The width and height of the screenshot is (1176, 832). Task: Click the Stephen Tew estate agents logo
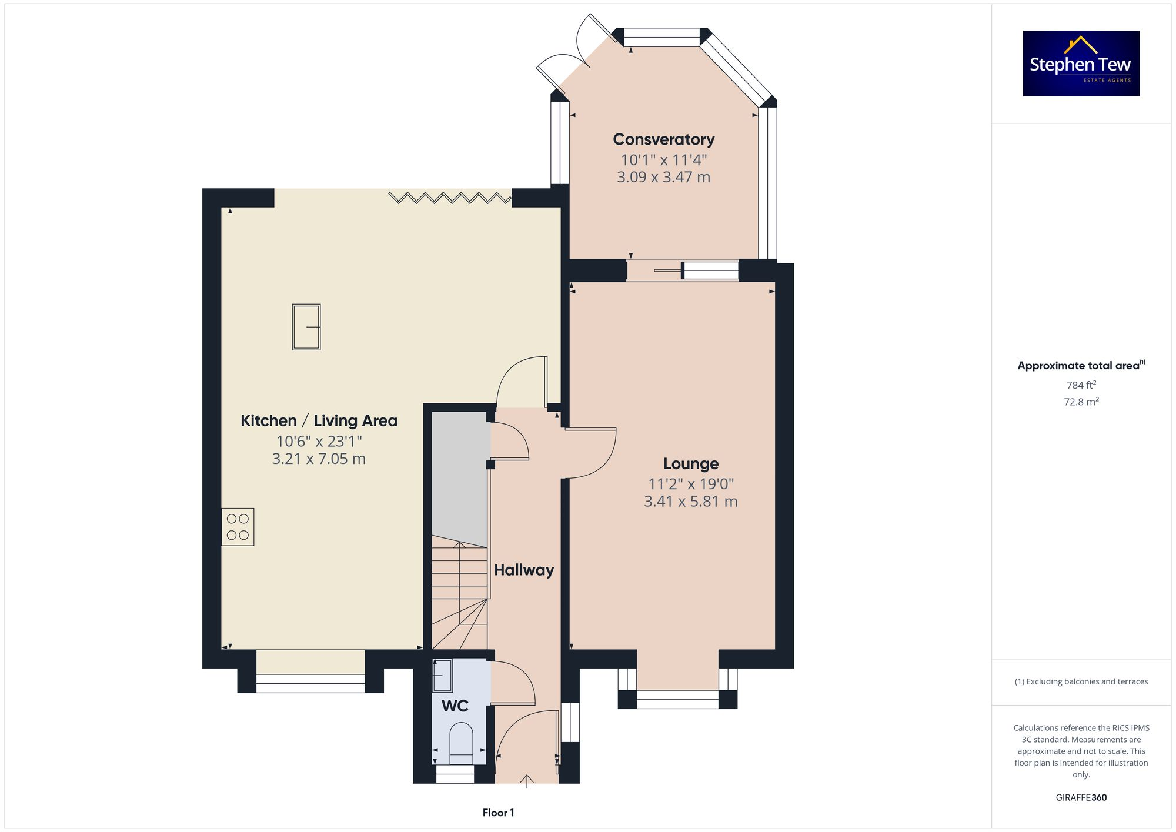[x=1081, y=64]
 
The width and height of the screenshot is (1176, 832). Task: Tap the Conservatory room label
[x=663, y=139]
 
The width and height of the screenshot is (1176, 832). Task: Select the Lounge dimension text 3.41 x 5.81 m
[x=690, y=502]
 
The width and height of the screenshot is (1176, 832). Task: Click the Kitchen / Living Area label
[x=319, y=420]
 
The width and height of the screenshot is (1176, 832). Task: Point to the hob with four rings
[x=238, y=527]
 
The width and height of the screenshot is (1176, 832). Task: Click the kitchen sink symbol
[x=306, y=327]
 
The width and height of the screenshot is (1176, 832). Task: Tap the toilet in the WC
[x=461, y=742]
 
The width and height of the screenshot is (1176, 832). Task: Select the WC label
[x=455, y=706]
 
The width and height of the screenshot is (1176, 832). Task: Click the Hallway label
[x=523, y=570]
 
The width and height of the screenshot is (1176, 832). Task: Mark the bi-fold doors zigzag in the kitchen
[x=450, y=198]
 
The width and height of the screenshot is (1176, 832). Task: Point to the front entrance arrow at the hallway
[x=527, y=781]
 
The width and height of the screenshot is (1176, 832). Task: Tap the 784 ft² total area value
[x=1081, y=385]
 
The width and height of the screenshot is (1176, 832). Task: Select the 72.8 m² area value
[x=1081, y=402]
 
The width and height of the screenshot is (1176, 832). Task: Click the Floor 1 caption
[x=498, y=813]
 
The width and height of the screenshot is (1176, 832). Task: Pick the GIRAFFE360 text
[x=1081, y=797]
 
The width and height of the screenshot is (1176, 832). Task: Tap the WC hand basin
[x=442, y=676]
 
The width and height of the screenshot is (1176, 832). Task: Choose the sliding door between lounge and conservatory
[x=682, y=270]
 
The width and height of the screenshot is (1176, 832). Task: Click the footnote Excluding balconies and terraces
[x=1081, y=681]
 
